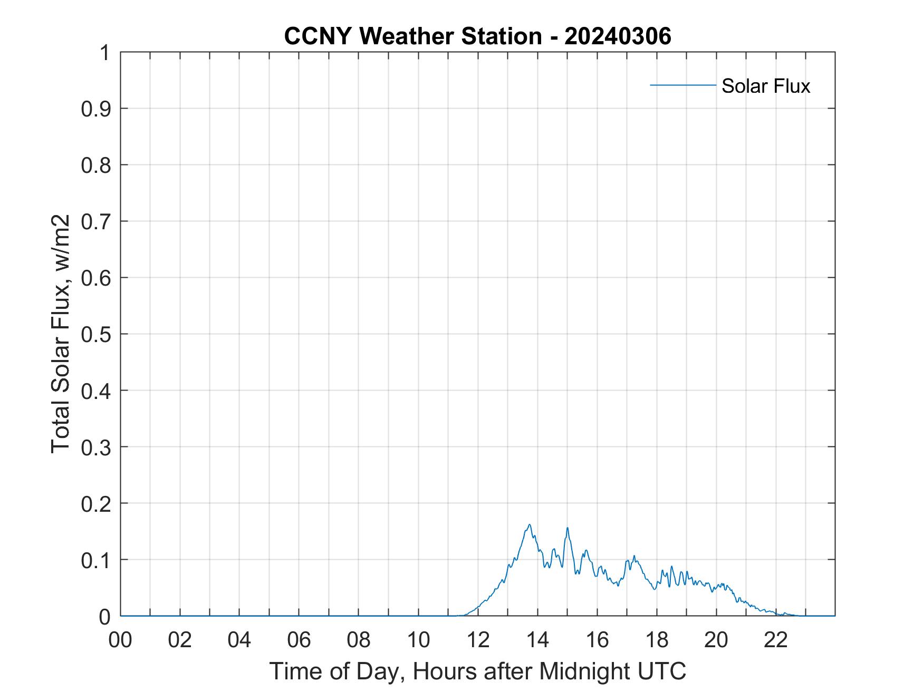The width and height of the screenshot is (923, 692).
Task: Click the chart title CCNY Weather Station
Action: click(x=412, y=36)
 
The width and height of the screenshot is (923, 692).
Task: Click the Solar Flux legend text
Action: click(x=765, y=86)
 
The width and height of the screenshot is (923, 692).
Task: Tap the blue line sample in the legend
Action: click(x=682, y=85)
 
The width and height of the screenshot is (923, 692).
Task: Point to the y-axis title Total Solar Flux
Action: click(x=61, y=334)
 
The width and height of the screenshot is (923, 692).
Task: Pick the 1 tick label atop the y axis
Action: click(x=104, y=53)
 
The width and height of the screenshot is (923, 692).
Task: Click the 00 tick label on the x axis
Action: click(x=120, y=640)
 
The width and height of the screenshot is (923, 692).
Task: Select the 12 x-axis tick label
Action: click(x=478, y=640)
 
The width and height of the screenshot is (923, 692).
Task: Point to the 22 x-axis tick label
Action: click(x=776, y=640)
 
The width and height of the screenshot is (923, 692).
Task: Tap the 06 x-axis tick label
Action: click(x=299, y=640)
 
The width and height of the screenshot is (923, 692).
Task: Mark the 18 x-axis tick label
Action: click(x=657, y=640)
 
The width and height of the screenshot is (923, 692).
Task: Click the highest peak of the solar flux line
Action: click(x=529, y=525)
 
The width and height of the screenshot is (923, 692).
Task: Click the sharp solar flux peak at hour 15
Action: click(x=568, y=528)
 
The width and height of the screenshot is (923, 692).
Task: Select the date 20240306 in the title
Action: click(x=618, y=36)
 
